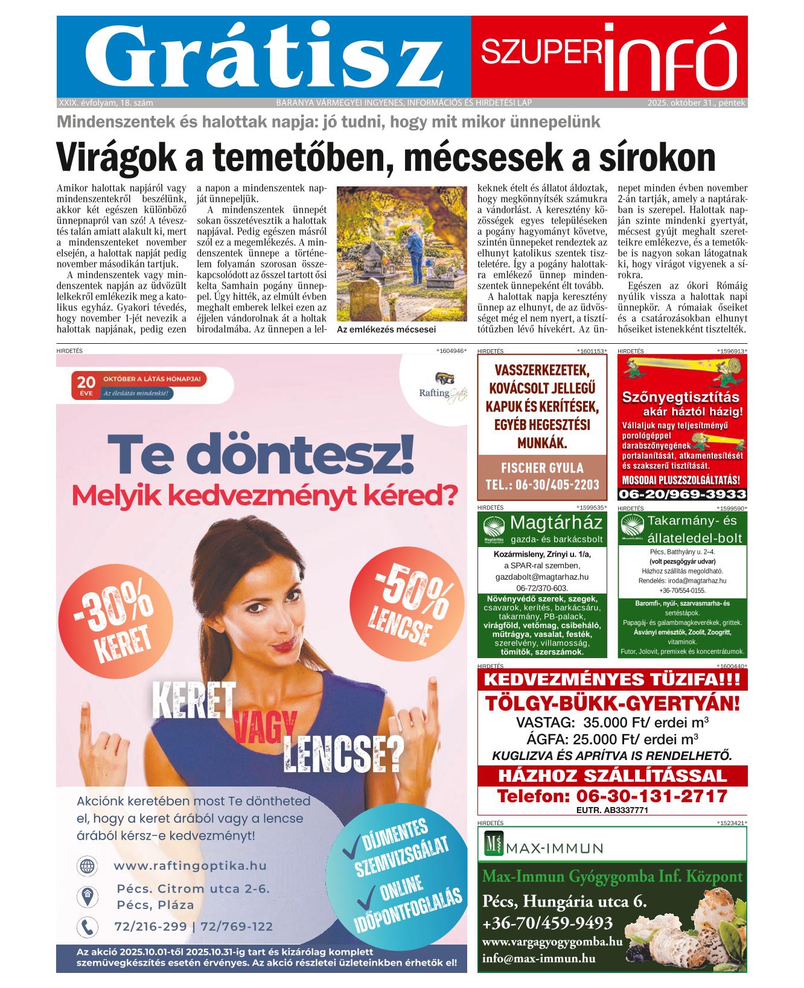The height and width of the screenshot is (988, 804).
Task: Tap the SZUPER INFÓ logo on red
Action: tap(608, 57)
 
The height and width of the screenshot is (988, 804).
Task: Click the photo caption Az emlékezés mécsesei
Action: tap(386, 330)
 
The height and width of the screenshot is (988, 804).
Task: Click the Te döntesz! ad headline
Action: tap(261, 455)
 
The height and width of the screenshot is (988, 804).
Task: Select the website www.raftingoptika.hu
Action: tap(190, 866)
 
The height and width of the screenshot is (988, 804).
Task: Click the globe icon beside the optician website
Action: tap(87, 866)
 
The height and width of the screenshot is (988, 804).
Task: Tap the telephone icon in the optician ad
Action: tap(87, 926)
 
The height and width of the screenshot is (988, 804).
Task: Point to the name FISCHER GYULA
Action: tap(542, 468)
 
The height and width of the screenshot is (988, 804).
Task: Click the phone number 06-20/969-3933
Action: tap(682, 495)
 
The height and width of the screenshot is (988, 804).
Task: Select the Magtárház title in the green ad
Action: tap(556, 522)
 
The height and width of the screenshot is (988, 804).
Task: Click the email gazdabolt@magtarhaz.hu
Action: tap(542, 577)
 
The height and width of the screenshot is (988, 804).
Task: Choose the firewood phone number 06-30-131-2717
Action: tap(612, 796)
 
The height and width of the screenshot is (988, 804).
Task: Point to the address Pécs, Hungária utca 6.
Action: tap(564, 902)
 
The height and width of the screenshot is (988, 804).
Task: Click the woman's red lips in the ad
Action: tap(284, 646)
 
